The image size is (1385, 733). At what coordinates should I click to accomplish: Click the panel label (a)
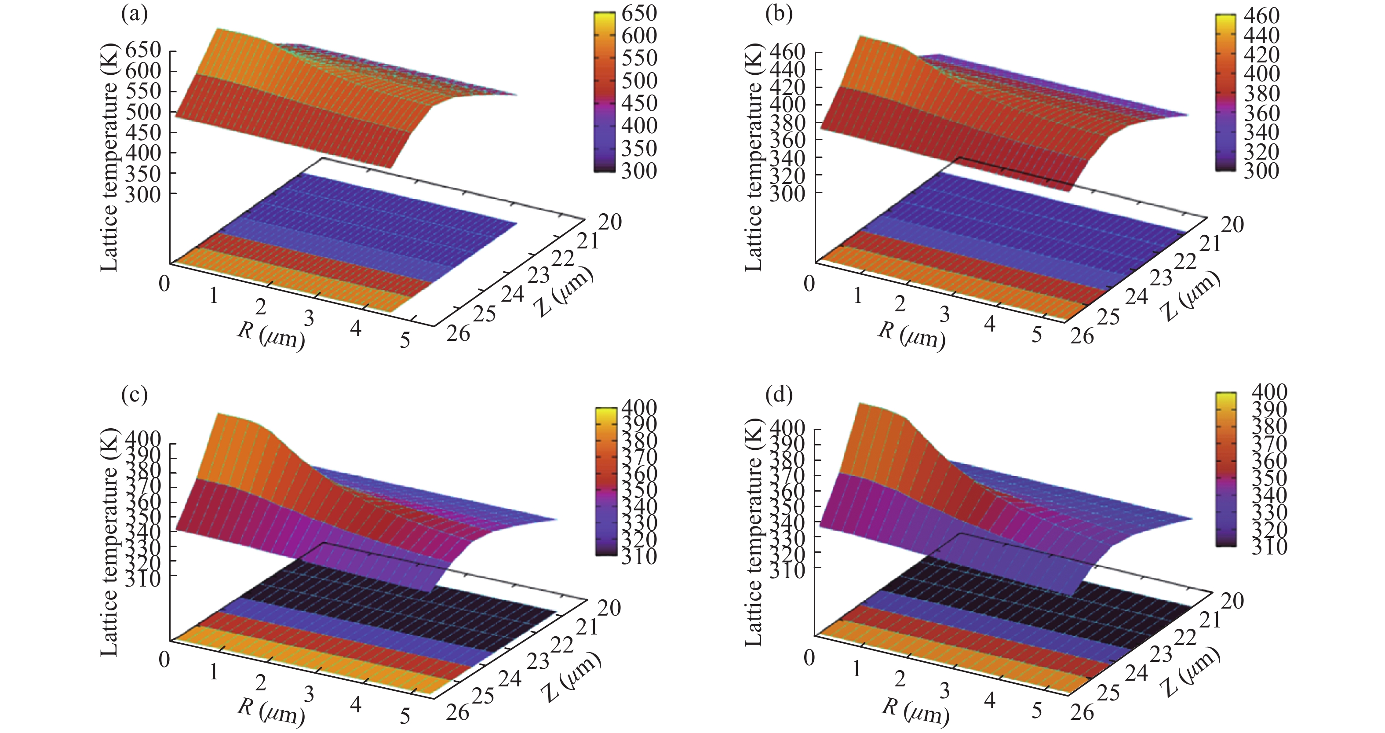[x=134, y=15]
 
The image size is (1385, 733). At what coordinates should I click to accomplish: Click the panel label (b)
[x=779, y=15]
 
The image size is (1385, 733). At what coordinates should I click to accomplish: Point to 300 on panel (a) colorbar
[x=639, y=171]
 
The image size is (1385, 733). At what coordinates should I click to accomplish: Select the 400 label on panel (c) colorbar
[x=639, y=407]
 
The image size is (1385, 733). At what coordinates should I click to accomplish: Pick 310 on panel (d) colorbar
[x=1269, y=547]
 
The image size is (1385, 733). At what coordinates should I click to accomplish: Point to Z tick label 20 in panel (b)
[x=1232, y=224]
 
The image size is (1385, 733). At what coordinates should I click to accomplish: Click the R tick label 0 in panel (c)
[x=164, y=659]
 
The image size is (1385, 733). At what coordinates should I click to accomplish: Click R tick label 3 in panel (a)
[x=309, y=318]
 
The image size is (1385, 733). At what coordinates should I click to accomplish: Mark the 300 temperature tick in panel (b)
[x=787, y=193]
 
